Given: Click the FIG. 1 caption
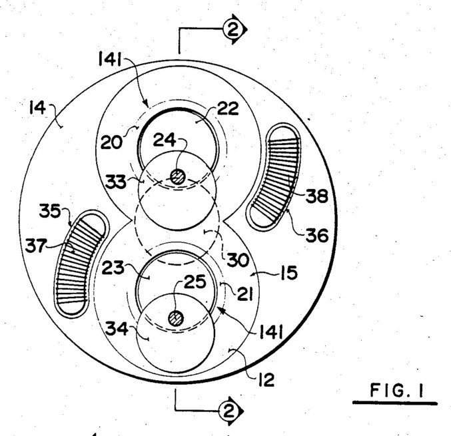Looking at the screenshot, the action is pos(396,390).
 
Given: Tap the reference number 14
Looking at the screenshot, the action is pos(37,109).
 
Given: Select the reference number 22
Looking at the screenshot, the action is pos(228,109).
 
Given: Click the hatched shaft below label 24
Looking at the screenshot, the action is pos(178,177).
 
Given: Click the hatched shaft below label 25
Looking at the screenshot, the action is pos(176,319).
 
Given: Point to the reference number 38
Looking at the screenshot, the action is pos(316,196).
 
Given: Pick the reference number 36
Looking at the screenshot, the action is pos(317,235).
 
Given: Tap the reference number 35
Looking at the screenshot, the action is pos(50,210).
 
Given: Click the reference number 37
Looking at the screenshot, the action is pos(36,246).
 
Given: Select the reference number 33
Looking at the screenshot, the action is pos(116,182).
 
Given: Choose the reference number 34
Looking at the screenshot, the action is pos(117,329).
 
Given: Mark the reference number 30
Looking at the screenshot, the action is pos(238,260).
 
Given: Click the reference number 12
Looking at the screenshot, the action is pos(266,380).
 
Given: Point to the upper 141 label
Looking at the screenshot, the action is pos(110,59).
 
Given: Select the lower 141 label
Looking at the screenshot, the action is pos(271,332).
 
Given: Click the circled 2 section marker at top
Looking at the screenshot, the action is pos(234,29).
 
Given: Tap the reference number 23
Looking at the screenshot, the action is pos(113,268).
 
